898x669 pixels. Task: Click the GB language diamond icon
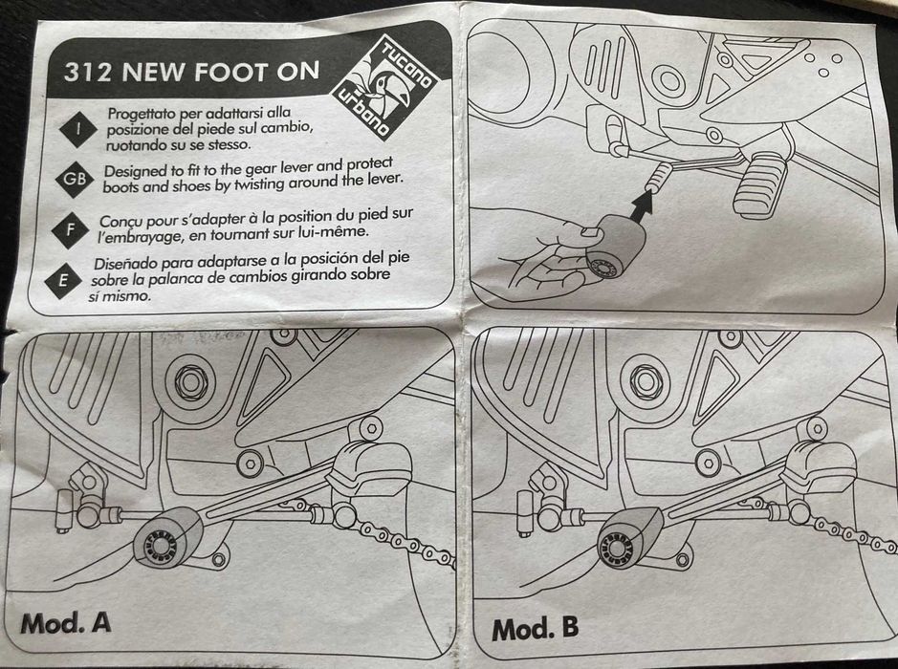tap(74, 179)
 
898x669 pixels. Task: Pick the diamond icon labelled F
tap(69, 229)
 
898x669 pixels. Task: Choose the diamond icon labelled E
tap(64, 279)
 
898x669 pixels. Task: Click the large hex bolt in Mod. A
tap(186, 381)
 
